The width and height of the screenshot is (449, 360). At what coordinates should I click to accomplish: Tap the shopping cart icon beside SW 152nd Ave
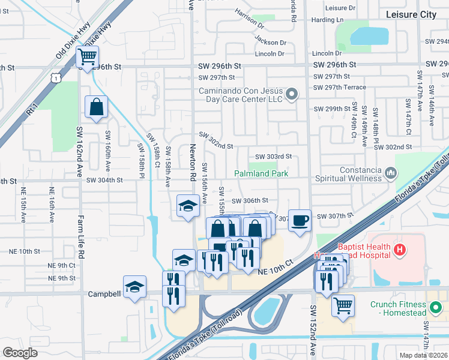343,305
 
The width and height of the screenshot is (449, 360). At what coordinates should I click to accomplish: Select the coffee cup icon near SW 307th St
300,220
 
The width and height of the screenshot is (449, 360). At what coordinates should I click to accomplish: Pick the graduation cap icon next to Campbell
134,287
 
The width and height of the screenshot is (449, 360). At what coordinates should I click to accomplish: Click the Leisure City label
411,14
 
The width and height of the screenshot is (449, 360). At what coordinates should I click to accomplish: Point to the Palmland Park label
261,173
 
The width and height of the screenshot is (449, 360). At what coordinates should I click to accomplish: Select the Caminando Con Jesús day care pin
292,93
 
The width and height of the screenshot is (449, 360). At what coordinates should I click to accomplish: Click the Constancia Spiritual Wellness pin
391,173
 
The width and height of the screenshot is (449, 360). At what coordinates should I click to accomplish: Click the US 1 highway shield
55,77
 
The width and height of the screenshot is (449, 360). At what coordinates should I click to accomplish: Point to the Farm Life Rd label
79,240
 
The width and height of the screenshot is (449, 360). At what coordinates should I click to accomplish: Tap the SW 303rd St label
273,156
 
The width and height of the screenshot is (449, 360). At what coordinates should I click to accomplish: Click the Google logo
20,353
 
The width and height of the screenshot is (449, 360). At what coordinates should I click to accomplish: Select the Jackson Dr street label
270,43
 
